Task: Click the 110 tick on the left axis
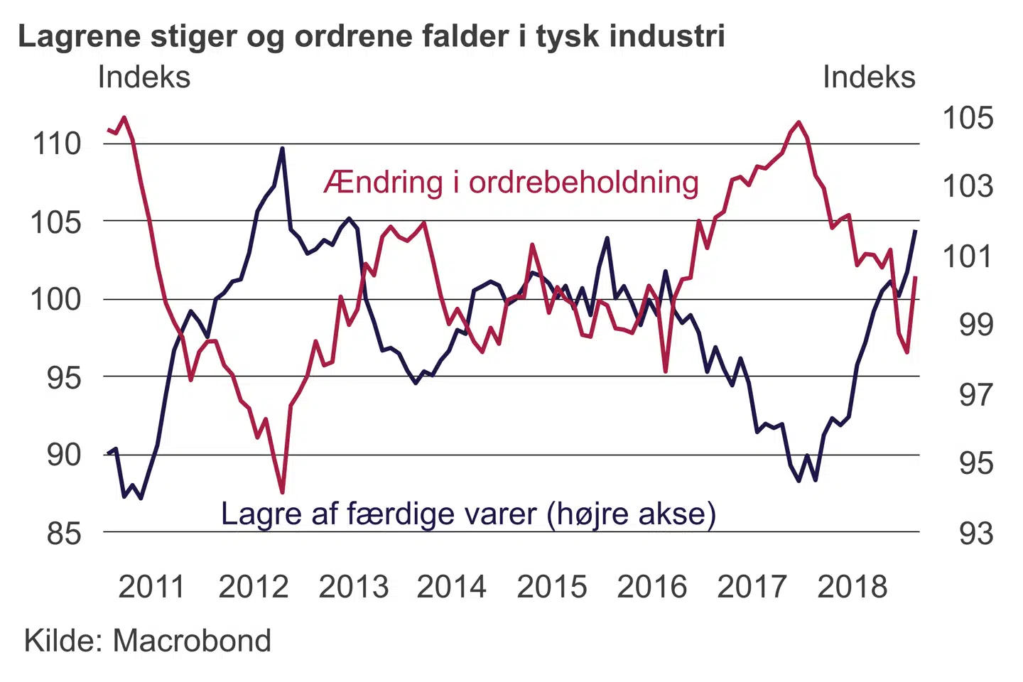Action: click(58, 144)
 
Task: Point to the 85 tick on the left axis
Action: click(65, 533)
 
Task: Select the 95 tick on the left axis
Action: click(65, 377)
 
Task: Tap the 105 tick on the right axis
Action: click(968, 118)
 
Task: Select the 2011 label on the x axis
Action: click(151, 588)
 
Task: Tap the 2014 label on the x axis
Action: click(452, 588)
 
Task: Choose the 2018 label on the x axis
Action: click(852, 588)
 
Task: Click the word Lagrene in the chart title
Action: click(79, 37)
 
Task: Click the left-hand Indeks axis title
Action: click(144, 77)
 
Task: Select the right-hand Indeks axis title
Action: click(869, 77)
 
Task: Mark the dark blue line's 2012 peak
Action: click(282, 149)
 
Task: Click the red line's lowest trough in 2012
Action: click(282, 492)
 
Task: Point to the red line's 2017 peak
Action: click(799, 122)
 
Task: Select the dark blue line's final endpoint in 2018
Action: click(915, 231)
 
